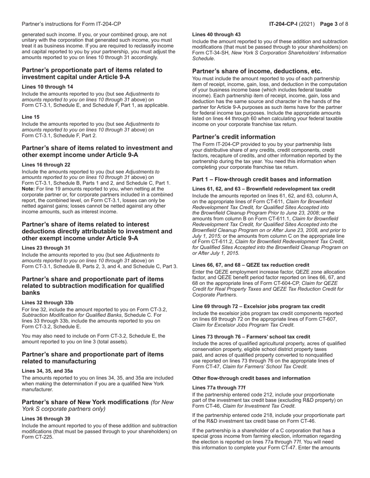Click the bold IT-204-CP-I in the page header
click(x=285, y=24)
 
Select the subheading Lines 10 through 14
click(x=47, y=87)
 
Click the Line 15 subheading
click(x=30, y=117)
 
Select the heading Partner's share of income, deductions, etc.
click(x=257, y=72)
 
